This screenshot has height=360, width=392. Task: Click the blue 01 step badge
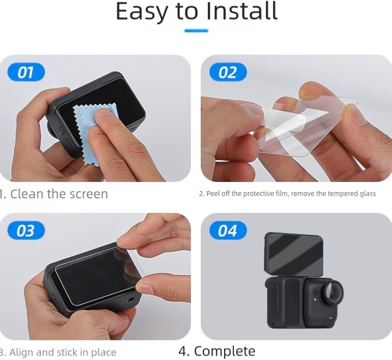tap(26, 72)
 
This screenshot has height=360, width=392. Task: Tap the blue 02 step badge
tap(228, 72)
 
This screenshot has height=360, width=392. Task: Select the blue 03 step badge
tap(26, 230)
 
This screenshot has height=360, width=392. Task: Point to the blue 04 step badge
tap(228, 230)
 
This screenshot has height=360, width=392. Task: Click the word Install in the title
tap(242, 11)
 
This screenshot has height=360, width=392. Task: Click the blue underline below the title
tap(196, 31)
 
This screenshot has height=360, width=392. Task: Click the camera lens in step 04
tap(334, 292)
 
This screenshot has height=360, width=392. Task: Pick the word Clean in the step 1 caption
tap(27, 194)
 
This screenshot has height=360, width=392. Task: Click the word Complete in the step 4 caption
tap(225, 351)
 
